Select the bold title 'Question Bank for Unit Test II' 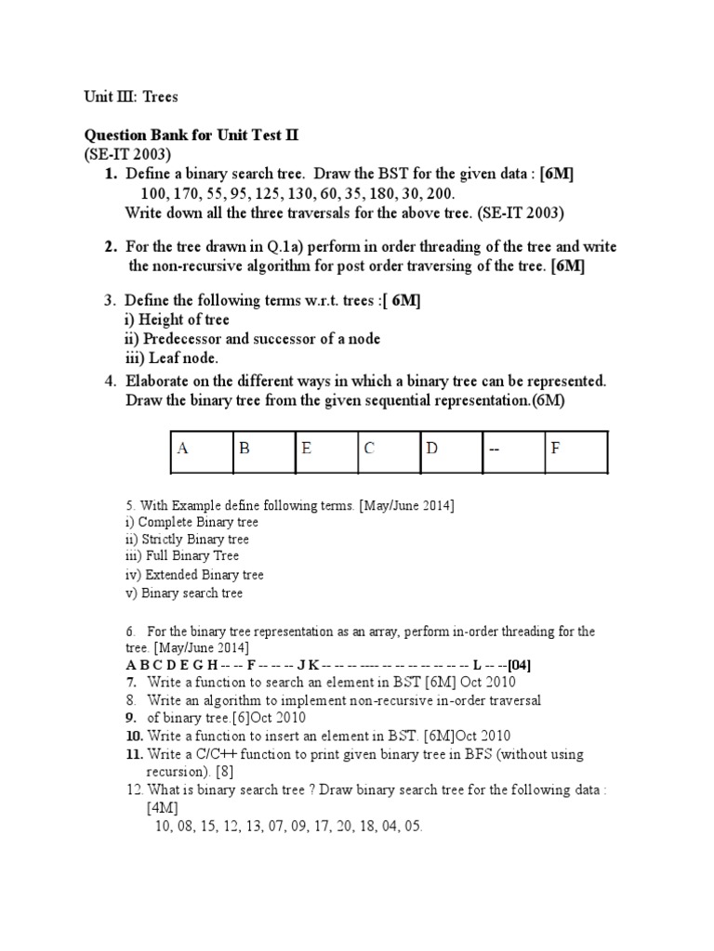pyautogui.click(x=192, y=136)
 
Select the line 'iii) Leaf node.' pyautogui.click(x=170, y=358)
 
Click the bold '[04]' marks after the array pyautogui.click(x=516, y=666)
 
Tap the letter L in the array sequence pyautogui.click(x=477, y=666)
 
